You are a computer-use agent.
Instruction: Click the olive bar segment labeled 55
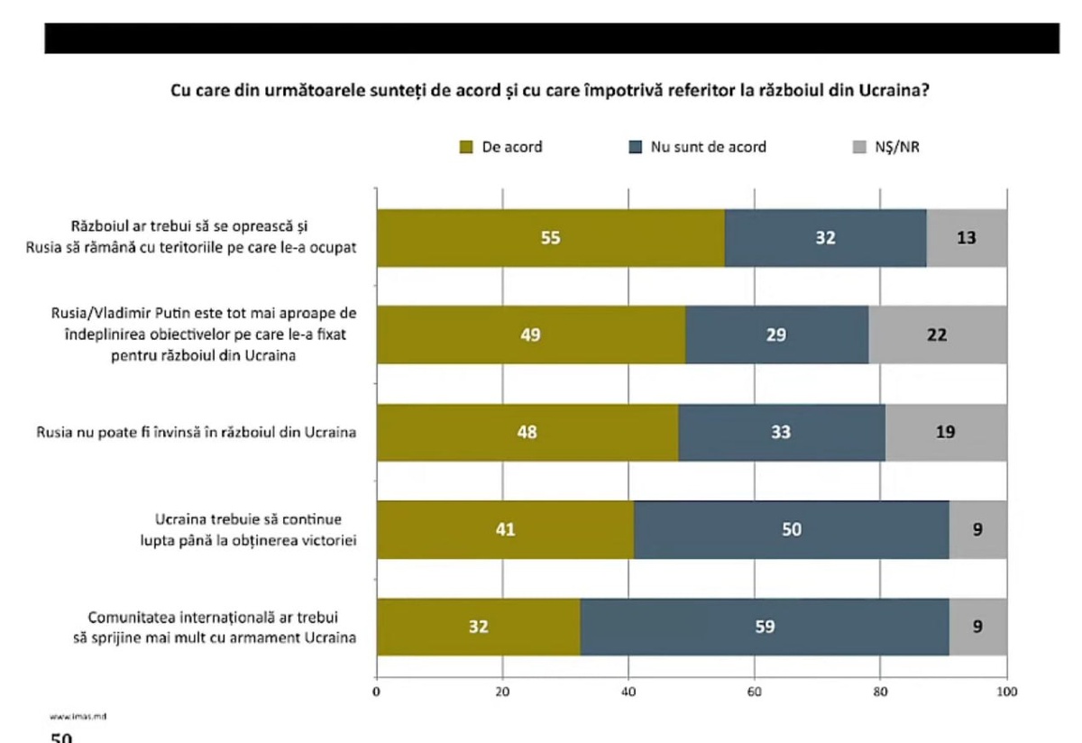click(x=550, y=238)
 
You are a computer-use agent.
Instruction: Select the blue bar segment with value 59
click(x=764, y=627)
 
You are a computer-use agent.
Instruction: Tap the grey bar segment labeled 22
click(x=938, y=335)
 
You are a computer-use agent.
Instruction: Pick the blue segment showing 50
click(x=791, y=529)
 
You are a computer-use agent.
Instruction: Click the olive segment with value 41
click(x=505, y=529)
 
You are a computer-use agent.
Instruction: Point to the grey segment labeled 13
click(x=967, y=238)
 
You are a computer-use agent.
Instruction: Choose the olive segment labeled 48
click(x=527, y=432)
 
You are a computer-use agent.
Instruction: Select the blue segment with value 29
click(x=776, y=335)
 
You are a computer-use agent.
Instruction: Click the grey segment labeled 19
click(x=945, y=432)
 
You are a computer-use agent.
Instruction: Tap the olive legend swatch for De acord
click(x=467, y=147)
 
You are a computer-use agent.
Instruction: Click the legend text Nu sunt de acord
click(x=708, y=147)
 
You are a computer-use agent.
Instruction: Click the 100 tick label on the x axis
click(x=1006, y=692)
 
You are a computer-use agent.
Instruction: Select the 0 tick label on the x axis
click(x=376, y=692)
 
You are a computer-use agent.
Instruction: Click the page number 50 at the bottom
click(x=60, y=737)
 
